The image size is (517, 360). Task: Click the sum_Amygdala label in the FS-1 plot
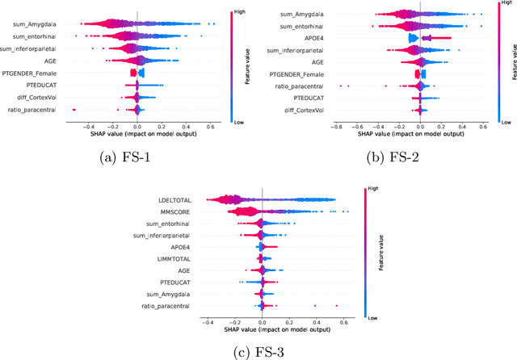tap(30, 25)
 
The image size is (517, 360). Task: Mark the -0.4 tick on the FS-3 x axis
tap(208, 321)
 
